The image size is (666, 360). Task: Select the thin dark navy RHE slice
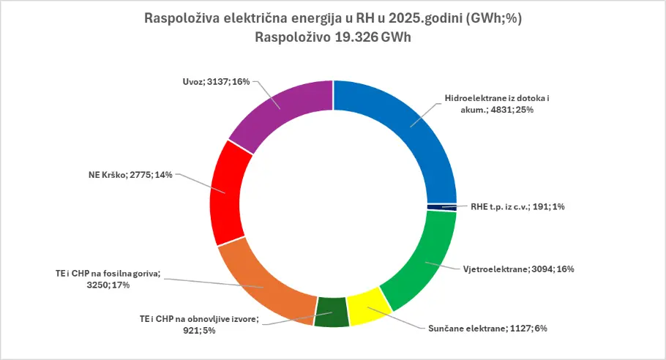pyautogui.click(x=441, y=207)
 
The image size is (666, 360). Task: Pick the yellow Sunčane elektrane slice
pyautogui.click(x=366, y=306)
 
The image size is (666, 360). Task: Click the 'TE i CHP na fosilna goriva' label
pyautogui.click(x=107, y=280)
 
